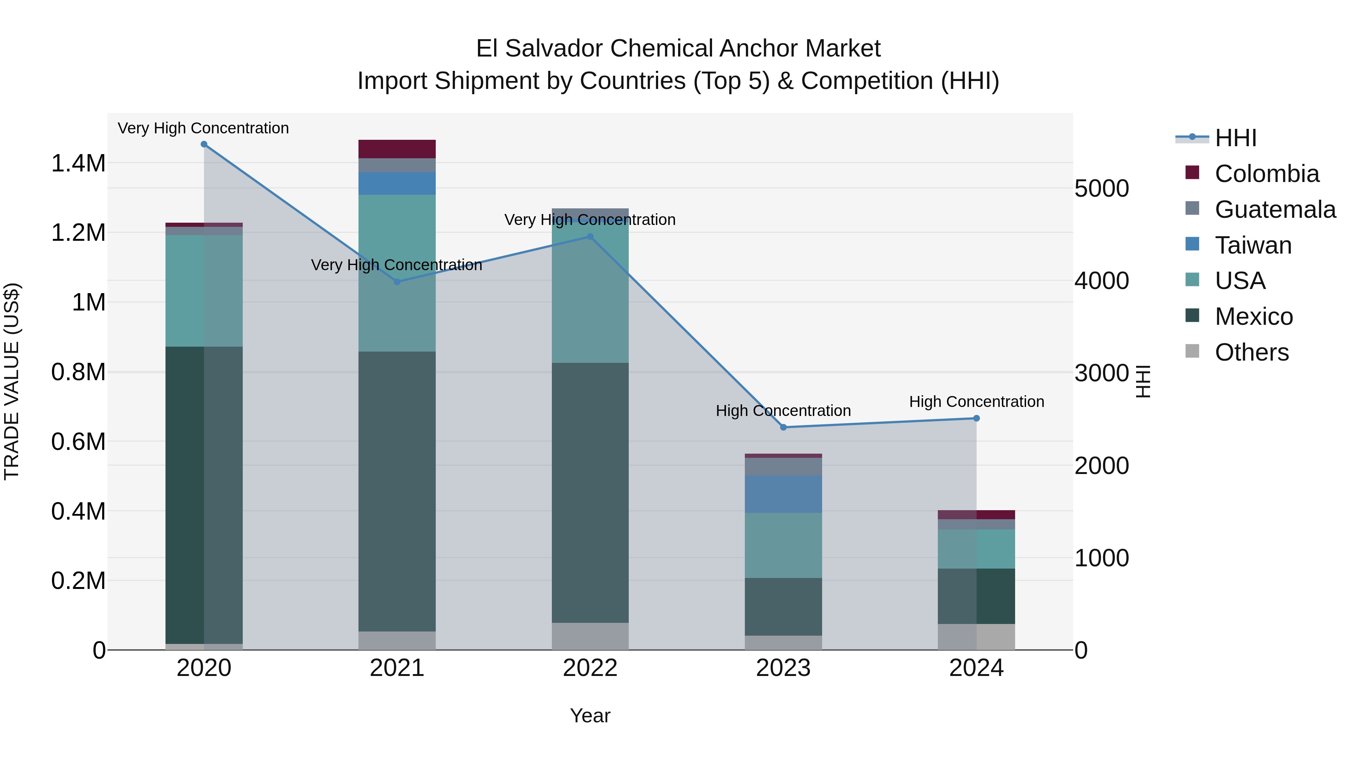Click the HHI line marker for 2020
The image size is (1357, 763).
(204, 144)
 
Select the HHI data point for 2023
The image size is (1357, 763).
(783, 427)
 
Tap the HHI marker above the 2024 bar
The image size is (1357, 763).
(976, 418)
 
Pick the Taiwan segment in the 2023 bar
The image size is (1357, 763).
(783, 494)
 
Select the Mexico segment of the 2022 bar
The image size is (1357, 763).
(590, 492)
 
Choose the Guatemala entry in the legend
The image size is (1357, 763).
(1275, 209)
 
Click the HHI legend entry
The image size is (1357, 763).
(1235, 138)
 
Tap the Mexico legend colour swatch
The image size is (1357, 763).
(1192, 315)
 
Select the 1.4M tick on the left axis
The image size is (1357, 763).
(78, 163)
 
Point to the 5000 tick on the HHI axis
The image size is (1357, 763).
(1101, 188)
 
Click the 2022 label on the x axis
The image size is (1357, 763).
(590, 668)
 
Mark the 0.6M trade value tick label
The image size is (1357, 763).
(78, 441)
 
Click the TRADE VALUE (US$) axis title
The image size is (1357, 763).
(12, 381)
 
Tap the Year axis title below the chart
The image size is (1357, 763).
(590, 716)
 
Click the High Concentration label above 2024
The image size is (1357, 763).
(976, 402)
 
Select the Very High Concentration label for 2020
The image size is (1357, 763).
(203, 128)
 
